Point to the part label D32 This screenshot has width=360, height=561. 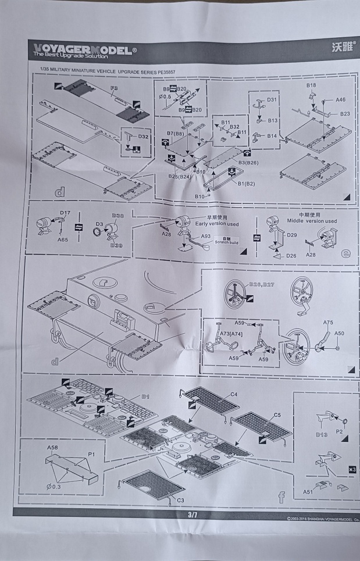click(x=143, y=136)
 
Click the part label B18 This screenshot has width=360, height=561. click(x=311, y=85)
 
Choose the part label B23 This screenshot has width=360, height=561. click(x=345, y=113)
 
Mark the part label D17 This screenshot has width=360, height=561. click(x=65, y=213)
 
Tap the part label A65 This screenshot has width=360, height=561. click(x=62, y=239)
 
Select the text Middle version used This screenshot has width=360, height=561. click(x=313, y=221)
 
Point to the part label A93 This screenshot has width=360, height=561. click(x=205, y=237)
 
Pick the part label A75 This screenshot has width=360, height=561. click(x=328, y=322)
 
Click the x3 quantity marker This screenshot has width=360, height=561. click(x=351, y=469)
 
